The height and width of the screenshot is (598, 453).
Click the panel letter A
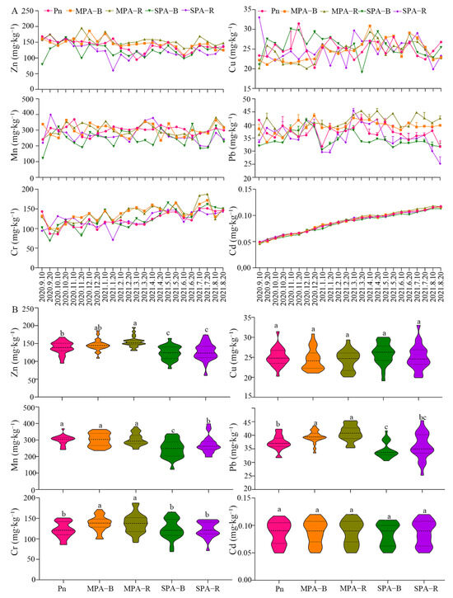coord(6,7)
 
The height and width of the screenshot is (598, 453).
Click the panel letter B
coord(6,311)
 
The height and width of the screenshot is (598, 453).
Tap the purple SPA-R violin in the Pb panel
coord(423,450)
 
